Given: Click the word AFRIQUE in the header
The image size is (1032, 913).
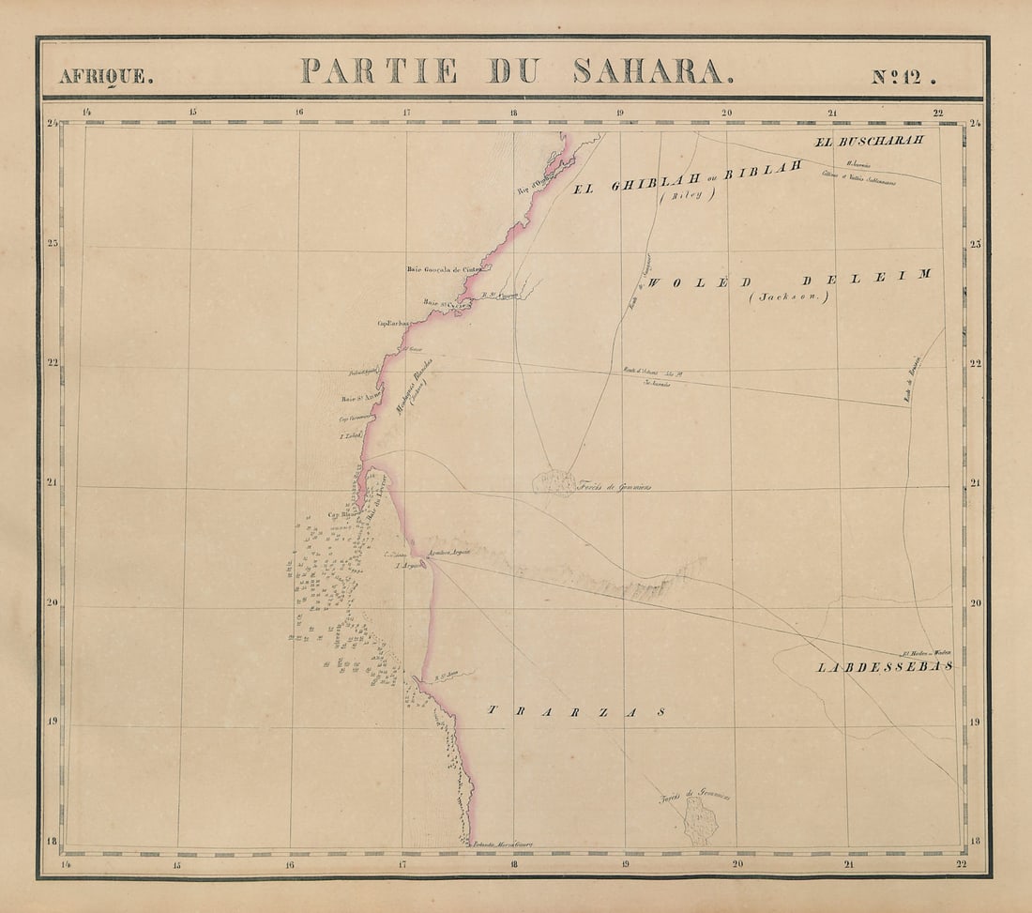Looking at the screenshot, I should (x=102, y=76).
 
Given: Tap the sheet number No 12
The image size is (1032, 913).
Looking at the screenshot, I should (x=903, y=76).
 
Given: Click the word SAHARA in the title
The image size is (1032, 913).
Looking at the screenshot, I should (x=648, y=71).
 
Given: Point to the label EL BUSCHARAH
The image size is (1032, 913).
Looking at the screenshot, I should (x=870, y=141).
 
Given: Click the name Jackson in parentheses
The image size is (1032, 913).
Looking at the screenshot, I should (x=790, y=297).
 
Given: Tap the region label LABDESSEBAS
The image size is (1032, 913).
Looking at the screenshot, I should (x=885, y=666).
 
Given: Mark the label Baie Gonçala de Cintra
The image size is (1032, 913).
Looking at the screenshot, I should (x=443, y=269).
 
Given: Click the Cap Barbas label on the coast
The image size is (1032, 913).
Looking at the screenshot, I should (x=393, y=324).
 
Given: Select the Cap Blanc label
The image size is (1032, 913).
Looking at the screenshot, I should (x=342, y=515).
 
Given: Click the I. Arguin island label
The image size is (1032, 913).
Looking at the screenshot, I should (x=410, y=566).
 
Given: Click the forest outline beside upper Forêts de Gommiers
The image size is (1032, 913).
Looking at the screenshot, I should (x=554, y=483).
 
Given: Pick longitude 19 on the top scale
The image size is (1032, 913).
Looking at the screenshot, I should (x=620, y=113).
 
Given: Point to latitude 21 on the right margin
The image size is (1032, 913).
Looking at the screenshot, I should (x=976, y=482).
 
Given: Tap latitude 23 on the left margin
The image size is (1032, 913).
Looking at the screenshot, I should (x=54, y=245).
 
